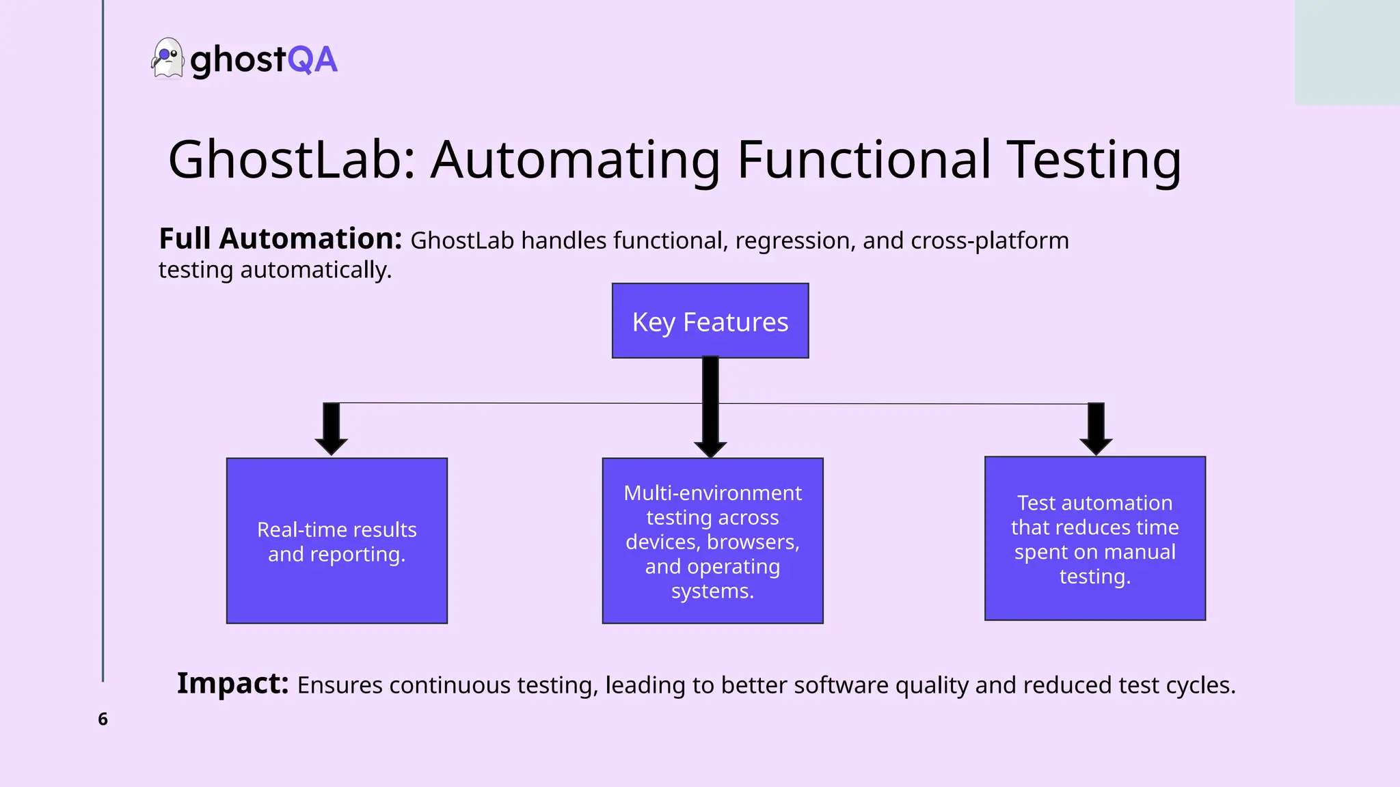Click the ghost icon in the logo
(167, 59)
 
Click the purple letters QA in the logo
(312, 59)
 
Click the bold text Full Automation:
(280, 239)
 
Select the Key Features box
(710, 321)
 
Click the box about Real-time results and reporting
(337, 540)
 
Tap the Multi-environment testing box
(712, 540)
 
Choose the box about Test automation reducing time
(1094, 538)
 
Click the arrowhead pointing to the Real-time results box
(332, 446)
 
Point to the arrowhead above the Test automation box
(1096, 446)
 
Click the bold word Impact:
(232, 683)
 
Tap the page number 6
(103, 719)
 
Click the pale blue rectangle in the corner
(1347, 52)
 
